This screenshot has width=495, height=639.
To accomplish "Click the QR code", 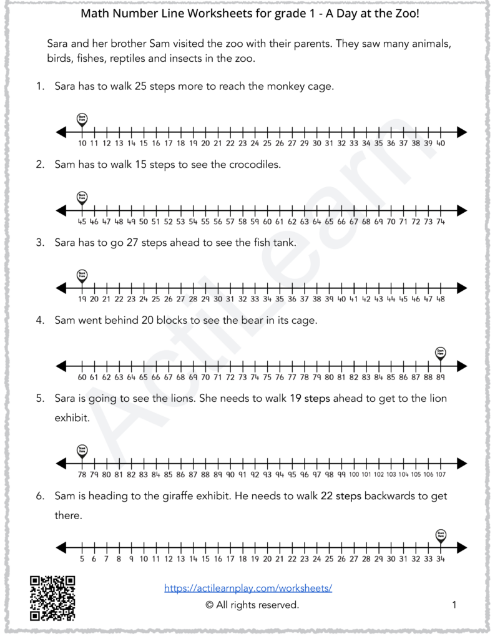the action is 52,598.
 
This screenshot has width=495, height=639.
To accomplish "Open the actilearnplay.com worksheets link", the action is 248,588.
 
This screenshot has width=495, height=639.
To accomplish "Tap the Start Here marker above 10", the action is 82,119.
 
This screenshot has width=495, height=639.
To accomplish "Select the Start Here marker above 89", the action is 441,353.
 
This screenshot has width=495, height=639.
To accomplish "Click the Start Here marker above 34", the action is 441,534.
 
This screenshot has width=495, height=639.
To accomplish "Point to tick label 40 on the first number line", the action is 440,144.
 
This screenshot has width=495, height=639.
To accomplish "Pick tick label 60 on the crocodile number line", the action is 267,222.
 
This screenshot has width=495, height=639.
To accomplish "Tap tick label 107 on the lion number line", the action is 440,475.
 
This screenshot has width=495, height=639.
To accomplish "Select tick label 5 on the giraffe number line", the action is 82,559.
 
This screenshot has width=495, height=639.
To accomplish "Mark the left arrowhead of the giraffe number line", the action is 61,547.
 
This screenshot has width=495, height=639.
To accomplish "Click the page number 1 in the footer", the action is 454,605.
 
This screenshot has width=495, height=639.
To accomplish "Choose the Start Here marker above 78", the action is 82,449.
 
